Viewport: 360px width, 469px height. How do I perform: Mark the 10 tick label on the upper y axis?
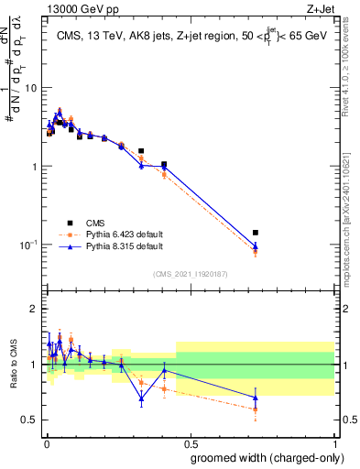[31, 88]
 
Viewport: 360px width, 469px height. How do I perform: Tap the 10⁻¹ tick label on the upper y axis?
[28, 244]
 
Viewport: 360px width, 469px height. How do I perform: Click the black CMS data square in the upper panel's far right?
[256, 233]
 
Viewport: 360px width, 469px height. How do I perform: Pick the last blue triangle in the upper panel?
[256, 246]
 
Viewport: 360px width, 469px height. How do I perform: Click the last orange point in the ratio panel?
[256, 409]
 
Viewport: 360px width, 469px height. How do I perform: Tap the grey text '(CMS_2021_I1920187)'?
[190, 275]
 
